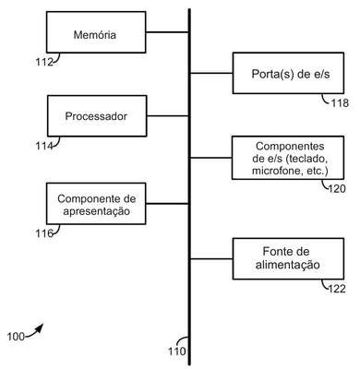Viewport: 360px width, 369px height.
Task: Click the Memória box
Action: tap(96, 32)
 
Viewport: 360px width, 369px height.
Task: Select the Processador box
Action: tap(97, 116)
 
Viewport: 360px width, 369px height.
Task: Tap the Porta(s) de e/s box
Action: tap(288, 73)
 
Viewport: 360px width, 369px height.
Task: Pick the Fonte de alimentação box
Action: tap(288, 258)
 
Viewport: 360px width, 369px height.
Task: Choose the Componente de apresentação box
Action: tap(96, 204)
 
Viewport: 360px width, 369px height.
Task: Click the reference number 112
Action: tap(44, 62)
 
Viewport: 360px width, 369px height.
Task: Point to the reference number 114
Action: tap(44, 146)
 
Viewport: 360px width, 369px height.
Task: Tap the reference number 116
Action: tap(44, 233)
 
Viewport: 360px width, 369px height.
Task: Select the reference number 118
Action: tap(340, 103)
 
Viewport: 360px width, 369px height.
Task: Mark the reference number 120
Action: tap(337, 188)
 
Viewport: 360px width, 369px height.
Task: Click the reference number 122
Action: tap(337, 289)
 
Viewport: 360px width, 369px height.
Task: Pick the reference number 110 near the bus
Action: tap(177, 351)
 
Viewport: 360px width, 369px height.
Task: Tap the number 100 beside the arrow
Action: tap(16, 337)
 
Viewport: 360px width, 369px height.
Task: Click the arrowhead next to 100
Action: tap(39, 328)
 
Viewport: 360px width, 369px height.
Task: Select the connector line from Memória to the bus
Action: tap(167, 32)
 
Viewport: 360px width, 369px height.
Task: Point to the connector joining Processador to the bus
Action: tap(168, 116)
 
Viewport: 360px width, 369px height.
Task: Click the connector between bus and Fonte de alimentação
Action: tap(211, 259)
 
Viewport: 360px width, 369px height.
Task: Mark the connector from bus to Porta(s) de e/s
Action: tap(211, 73)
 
